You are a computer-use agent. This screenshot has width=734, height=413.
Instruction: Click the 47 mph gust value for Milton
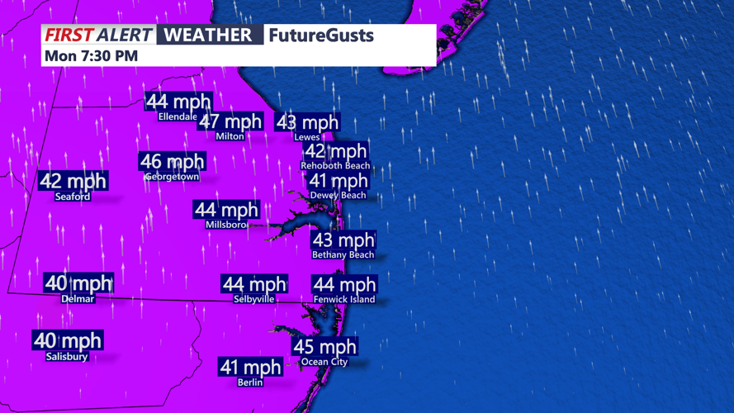[x=230, y=122]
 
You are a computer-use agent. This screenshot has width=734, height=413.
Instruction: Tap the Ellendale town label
[x=178, y=116]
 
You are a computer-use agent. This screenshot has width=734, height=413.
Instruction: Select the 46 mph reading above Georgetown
[x=172, y=162]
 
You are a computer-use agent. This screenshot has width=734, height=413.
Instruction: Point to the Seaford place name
[x=73, y=197]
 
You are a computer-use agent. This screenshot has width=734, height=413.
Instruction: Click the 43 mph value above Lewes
[x=307, y=123]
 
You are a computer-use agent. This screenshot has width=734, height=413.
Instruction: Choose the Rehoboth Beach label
[x=335, y=166]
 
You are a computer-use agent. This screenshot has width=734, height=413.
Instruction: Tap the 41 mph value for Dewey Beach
[x=339, y=181]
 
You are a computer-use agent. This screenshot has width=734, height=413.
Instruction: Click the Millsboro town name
[x=226, y=225]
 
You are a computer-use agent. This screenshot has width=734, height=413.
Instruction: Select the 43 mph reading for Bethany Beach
[x=343, y=240]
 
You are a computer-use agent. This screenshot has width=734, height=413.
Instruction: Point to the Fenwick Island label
[x=344, y=299]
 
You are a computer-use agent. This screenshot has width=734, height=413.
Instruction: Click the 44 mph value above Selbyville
[x=254, y=285]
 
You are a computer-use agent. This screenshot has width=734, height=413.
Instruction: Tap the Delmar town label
[x=78, y=299]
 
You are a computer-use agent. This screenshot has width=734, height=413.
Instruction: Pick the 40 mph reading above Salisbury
[x=68, y=340]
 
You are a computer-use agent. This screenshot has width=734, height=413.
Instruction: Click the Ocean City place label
[x=324, y=362]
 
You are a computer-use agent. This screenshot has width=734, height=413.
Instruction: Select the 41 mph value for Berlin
[x=250, y=367]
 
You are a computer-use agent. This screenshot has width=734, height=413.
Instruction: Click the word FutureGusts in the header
[x=321, y=36]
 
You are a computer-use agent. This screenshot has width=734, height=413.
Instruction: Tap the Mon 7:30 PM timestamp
[x=91, y=55]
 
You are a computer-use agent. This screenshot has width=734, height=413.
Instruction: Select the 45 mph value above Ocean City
[x=325, y=347]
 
